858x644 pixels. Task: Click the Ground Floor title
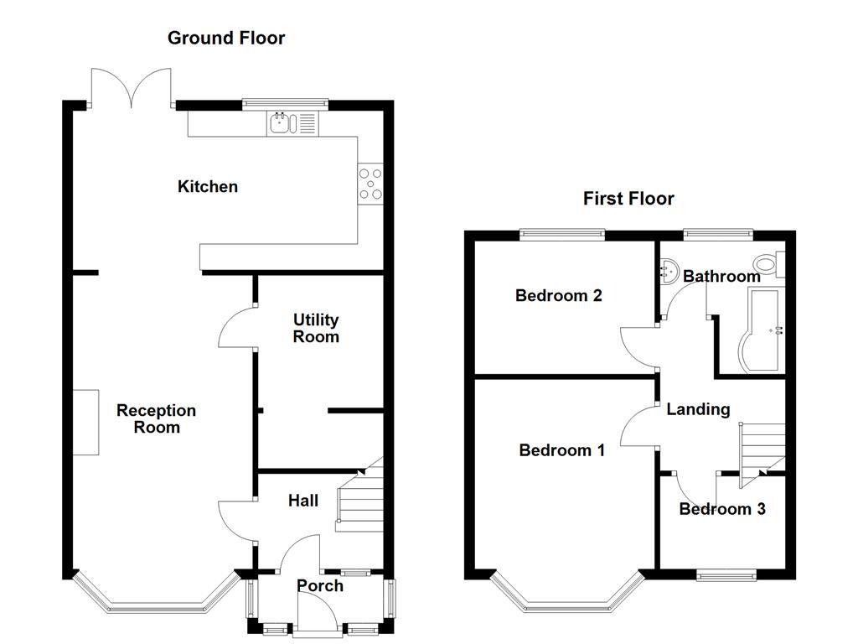pyautogui.click(x=226, y=38)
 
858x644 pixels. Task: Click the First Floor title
pyautogui.click(x=628, y=199)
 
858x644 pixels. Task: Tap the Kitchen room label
pyautogui.click(x=208, y=186)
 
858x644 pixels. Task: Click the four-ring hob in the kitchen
pyautogui.click(x=371, y=184)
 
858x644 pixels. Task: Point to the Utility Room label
pyautogui.click(x=316, y=328)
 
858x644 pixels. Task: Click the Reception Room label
pyautogui.click(x=157, y=418)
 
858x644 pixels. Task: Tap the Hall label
pyautogui.click(x=302, y=501)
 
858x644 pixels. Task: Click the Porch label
pyautogui.click(x=320, y=585)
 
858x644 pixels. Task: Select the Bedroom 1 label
pyautogui.click(x=561, y=450)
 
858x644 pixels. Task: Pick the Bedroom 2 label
pyautogui.click(x=558, y=295)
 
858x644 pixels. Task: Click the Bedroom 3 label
pyautogui.click(x=722, y=509)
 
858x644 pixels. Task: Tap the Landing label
pyautogui.click(x=698, y=409)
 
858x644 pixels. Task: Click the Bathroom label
pyautogui.click(x=721, y=276)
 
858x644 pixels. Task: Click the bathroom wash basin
pyautogui.click(x=669, y=270)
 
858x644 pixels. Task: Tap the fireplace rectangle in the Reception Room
pyautogui.click(x=85, y=422)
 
